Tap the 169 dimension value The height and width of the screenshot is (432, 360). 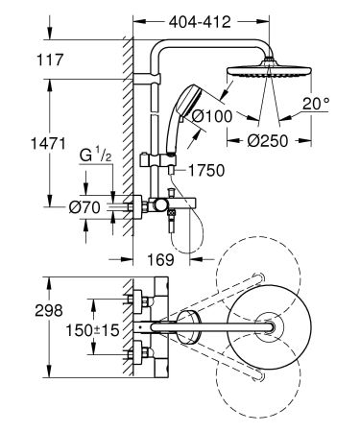click(x=162, y=259)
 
